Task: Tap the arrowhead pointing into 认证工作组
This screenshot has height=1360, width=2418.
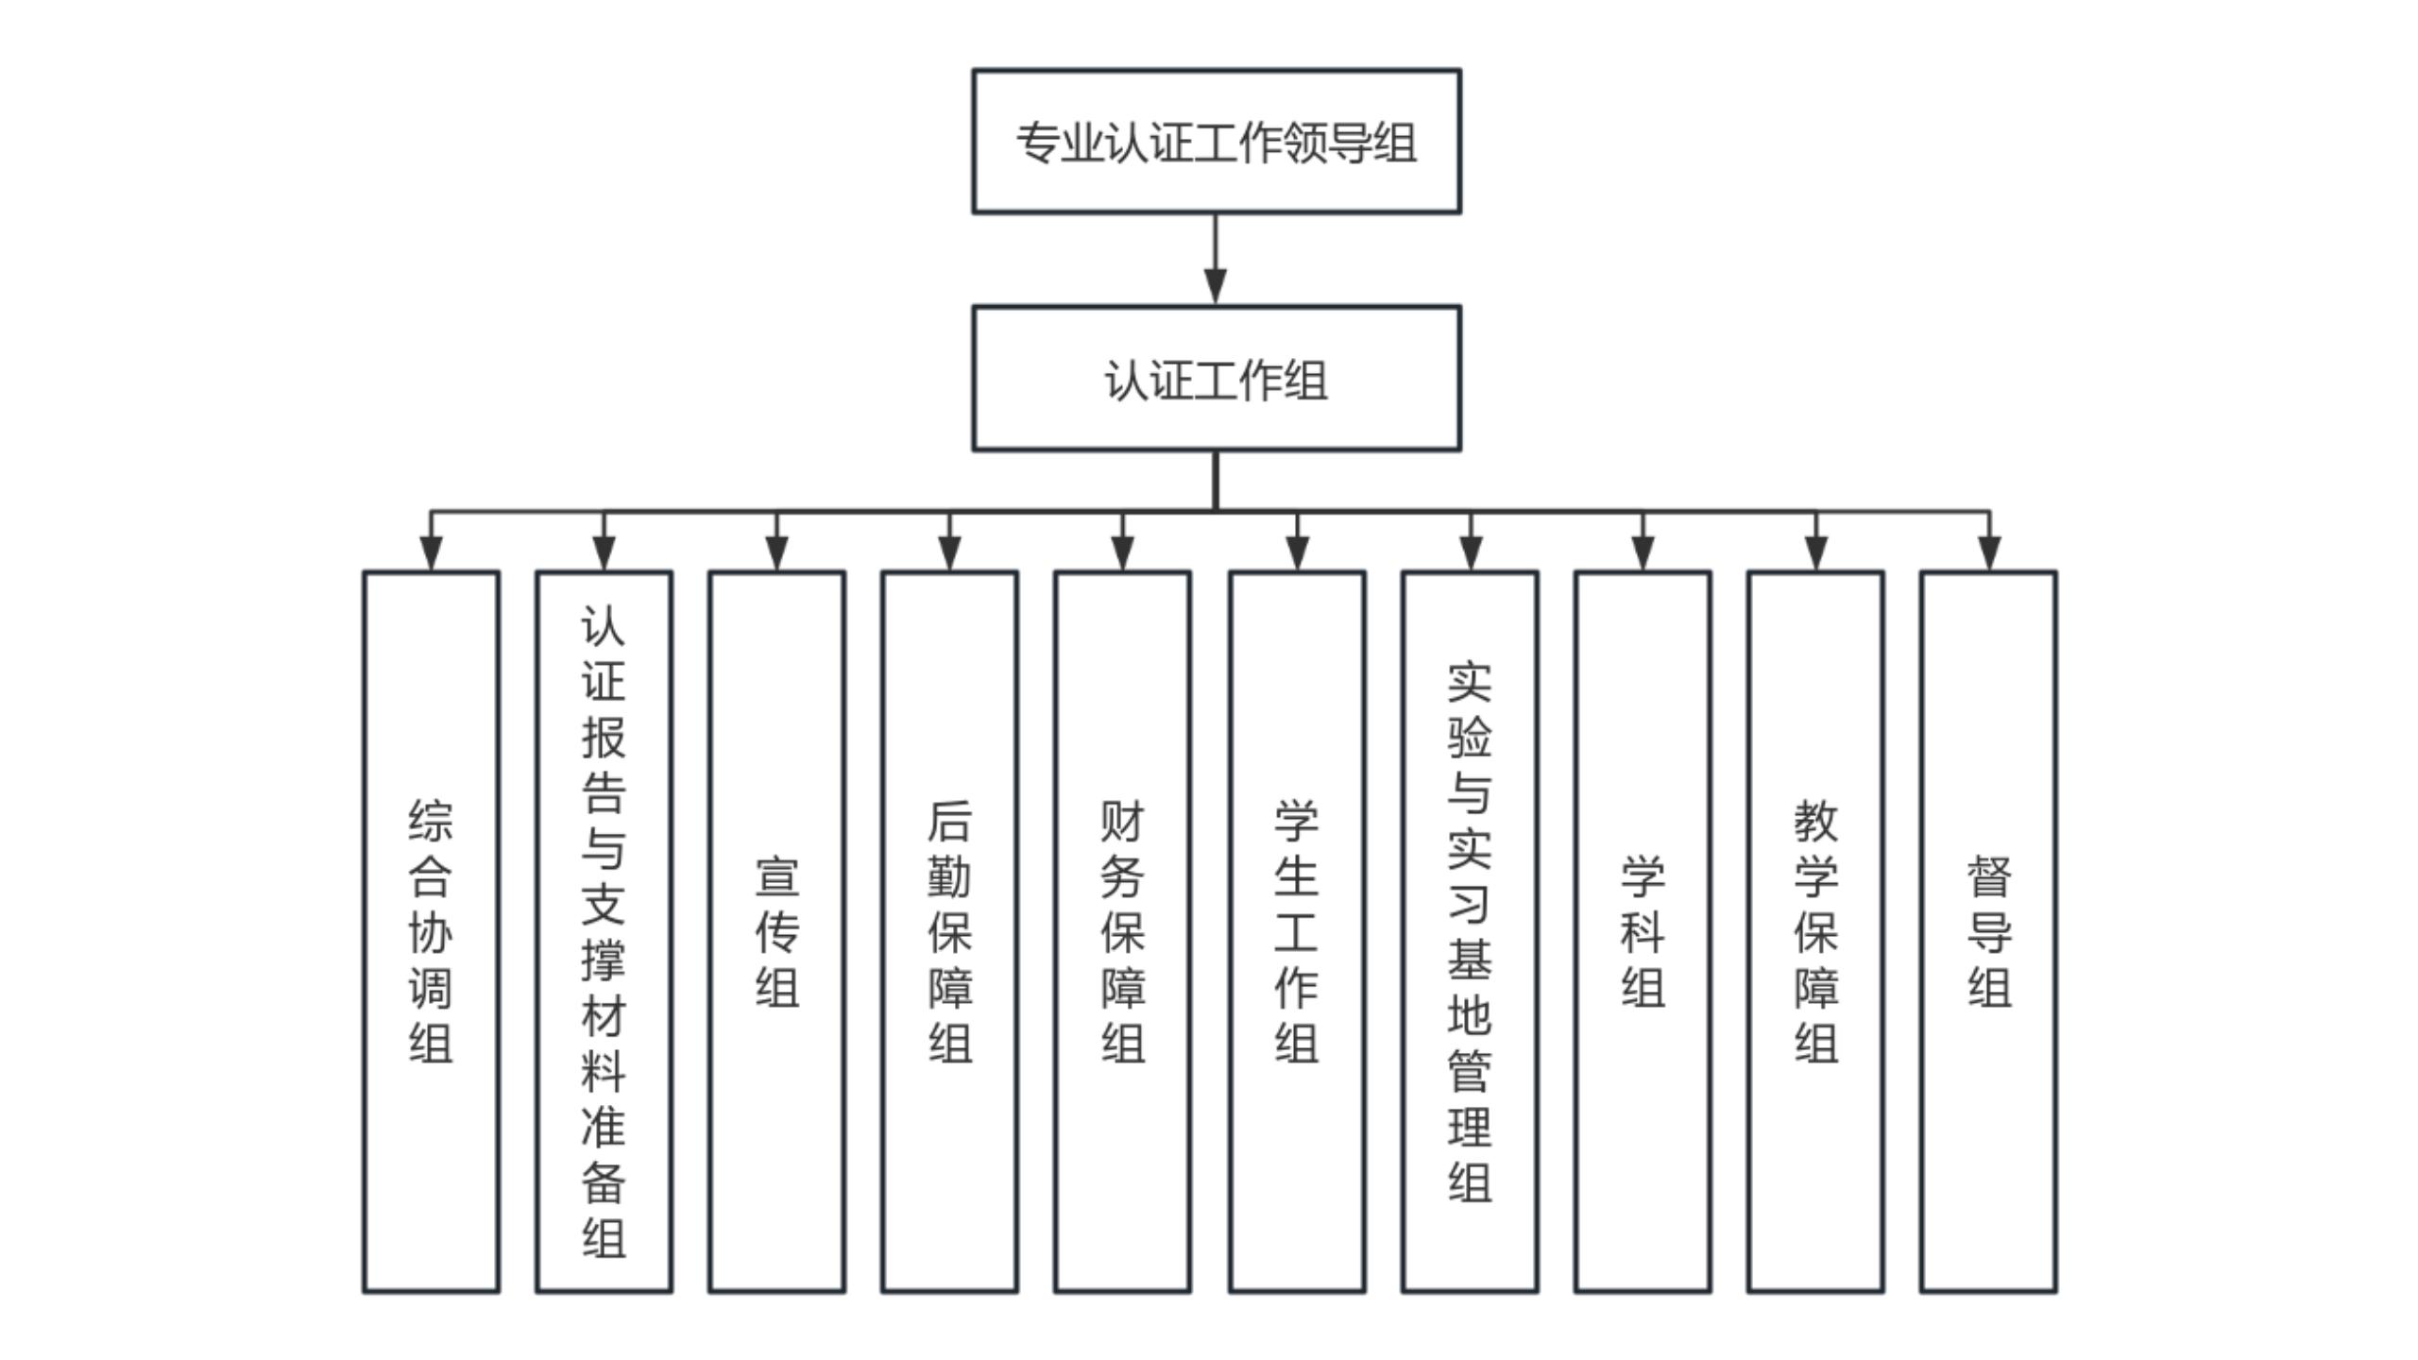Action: pyautogui.click(x=1216, y=285)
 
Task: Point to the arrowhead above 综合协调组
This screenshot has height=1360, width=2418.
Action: pyautogui.click(x=431, y=552)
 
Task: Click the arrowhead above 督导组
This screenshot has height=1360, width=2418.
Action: pyautogui.click(x=1989, y=552)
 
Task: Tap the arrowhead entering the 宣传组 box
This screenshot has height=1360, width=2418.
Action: pyautogui.click(x=776, y=552)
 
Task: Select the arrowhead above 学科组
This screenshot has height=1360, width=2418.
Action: pyautogui.click(x=1643, y=552)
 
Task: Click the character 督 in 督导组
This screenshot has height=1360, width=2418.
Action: pyautogui.click(x=1989, y=876)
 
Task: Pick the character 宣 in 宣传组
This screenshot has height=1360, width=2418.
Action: pyautogui.click(x=776, y=876)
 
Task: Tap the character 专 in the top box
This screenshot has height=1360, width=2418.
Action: pyautogui.click(x=1038, y=143)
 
